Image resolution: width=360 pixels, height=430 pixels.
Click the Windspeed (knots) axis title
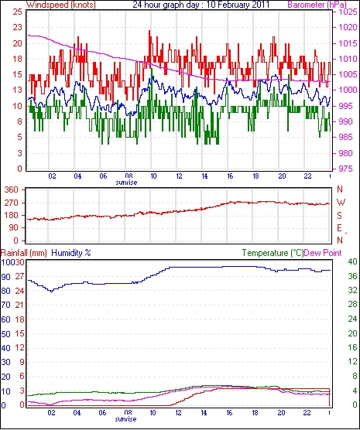click(x=61, y=5)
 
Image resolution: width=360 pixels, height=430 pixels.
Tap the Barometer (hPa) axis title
click(x=317, y=5)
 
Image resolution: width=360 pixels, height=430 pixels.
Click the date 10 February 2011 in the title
click(x=238, y=5)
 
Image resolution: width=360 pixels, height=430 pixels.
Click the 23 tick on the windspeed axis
click(x=17, y=27)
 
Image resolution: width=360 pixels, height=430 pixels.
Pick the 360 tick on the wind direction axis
click(x=12, y=189)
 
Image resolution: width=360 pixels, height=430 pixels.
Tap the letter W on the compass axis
click(x=341, y=203)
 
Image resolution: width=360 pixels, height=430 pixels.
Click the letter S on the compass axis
click(x=340, y=216)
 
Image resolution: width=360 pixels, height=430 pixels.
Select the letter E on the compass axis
click(x=339, y=228)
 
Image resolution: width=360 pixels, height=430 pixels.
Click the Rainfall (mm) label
click(x=24, y=253)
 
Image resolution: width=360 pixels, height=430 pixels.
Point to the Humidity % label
click(x=71, y=253)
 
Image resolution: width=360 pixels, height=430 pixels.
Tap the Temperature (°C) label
click(x=273, y=253)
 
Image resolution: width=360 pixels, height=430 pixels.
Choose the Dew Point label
click(x=323, y=253)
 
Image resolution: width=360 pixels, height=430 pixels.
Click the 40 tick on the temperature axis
click(x=352, y=261)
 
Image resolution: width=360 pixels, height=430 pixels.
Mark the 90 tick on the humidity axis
click(x=5, y=277)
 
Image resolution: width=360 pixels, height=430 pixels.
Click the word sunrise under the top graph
click(x=126, y=182)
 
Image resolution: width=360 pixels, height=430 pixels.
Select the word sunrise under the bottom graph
click(x=125, y=419)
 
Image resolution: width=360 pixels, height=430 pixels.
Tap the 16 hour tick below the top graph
click(x=230, y=176)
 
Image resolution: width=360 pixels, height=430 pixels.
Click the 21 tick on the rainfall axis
click(x=19, y=305)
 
